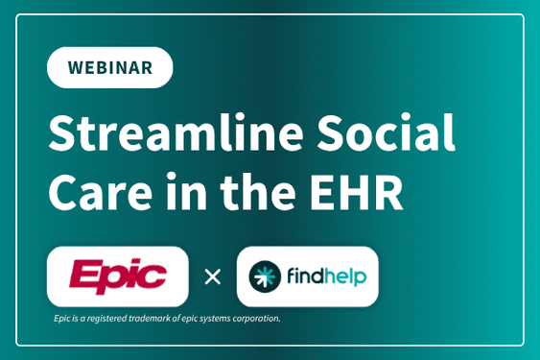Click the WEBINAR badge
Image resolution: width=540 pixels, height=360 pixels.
click(x=110, y=67)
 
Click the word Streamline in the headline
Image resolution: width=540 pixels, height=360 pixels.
click(x=176, y=132)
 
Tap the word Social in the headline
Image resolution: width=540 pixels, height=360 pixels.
click(x=387, y=132)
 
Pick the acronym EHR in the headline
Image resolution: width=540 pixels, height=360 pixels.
click(x=357, y=192)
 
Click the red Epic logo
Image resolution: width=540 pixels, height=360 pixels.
click(x=118, y=276)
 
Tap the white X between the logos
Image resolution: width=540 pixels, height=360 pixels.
click(x=213, y=276)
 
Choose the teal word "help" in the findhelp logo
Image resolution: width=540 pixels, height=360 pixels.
click(x=345, y=277)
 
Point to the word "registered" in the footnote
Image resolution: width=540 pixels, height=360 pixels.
click(x=106, y=319)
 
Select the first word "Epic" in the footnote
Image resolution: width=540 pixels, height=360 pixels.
click(x=62, y=319)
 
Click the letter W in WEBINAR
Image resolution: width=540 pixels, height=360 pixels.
click(x=76, y=67)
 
